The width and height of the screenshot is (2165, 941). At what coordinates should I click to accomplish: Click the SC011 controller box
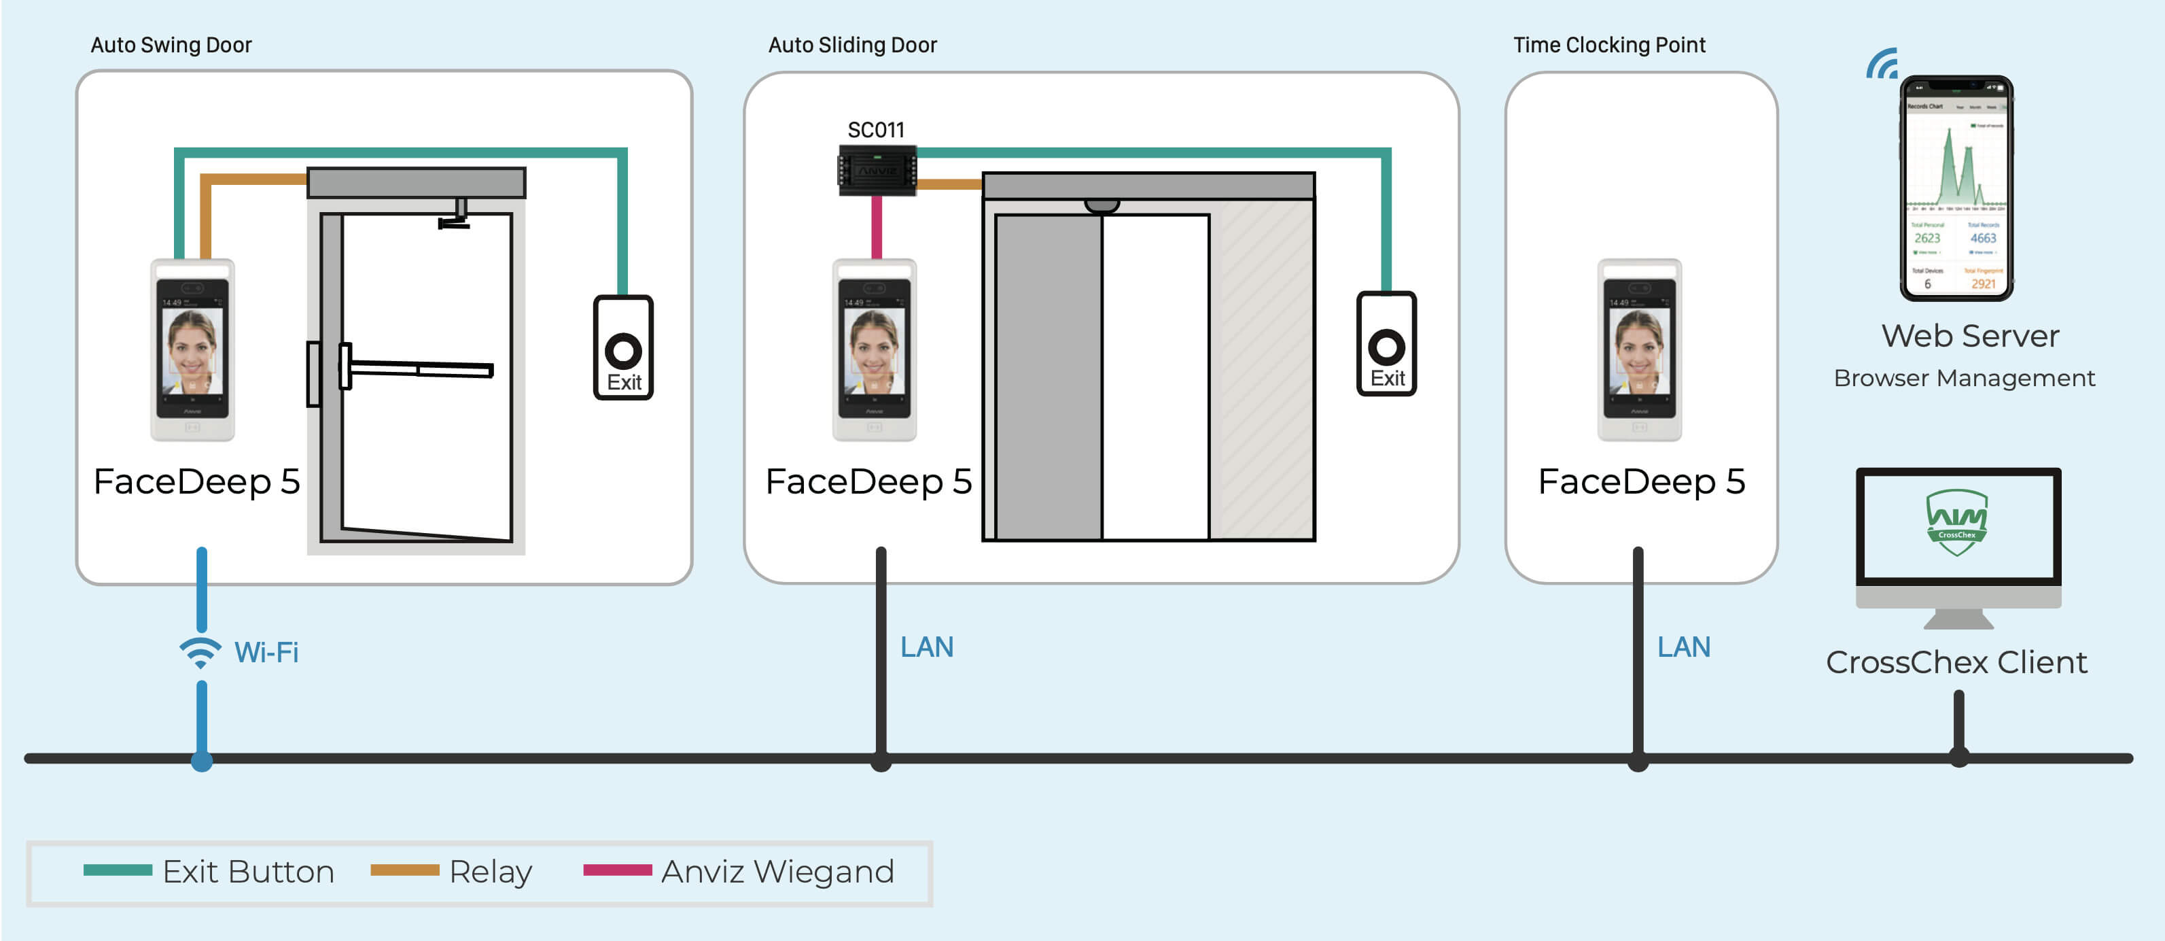pos(877,171)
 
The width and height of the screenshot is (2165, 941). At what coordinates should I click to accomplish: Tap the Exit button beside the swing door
pos(622,347)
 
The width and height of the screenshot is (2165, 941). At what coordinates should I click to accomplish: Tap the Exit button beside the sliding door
pos(1386,344)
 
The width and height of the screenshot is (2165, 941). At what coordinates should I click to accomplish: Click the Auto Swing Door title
pos(171,45)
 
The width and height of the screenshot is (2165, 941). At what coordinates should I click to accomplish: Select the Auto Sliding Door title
pos(852,45)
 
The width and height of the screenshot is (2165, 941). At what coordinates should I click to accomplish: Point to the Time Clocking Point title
pos(1608,45)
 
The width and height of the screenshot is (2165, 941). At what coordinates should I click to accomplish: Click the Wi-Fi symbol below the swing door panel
pos(200,653)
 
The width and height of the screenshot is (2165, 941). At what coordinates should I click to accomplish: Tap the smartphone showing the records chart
pos(1956,188)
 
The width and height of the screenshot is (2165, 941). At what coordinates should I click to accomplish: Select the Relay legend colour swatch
pos(404,870)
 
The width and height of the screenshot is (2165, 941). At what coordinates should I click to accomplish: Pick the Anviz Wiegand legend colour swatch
pos(617,870)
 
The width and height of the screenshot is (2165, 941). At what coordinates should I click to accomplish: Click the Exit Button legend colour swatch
pos(118,870)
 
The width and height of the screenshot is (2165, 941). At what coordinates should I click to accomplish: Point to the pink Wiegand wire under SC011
pos(877,227)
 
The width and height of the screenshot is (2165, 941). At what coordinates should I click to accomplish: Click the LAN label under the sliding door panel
pos(926,647)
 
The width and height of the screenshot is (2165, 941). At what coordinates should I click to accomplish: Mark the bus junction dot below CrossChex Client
pos(1959,757)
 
